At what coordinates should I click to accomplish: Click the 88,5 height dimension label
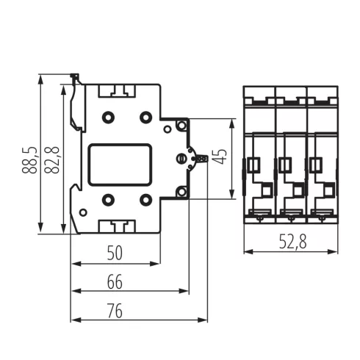[29, 154]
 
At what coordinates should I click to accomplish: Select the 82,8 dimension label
[52, 158]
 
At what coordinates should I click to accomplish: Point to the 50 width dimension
[114, 253]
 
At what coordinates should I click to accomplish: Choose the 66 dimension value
[114, 281]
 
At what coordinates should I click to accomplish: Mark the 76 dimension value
[114, 311]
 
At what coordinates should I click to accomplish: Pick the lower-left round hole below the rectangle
[108, 198]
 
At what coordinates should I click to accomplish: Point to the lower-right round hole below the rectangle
[145, 198]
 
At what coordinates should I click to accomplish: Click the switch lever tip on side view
[204, 158]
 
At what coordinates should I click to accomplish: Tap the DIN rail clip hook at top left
[74, 79]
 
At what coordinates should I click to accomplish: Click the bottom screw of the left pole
[259, 216]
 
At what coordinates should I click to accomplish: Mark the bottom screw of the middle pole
[290, 216]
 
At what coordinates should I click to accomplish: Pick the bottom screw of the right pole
[321, 216]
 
